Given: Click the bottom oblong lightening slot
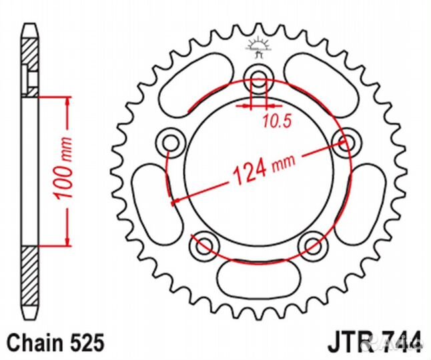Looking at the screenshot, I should pyautogui.click(x=258, y=275).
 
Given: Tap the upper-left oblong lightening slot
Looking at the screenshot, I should pyautogui.click(x=189, y=87).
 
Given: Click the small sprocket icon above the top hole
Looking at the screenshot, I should pyautogui.click(x=256, y=47).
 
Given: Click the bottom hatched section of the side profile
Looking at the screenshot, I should pyautogui.click(x=31, y=280).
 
